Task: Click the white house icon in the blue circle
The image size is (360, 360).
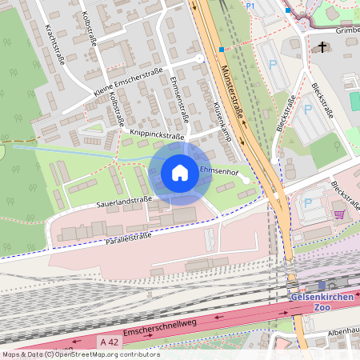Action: (x=180, y=172)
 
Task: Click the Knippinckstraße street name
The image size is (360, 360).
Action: (x=150, y=137)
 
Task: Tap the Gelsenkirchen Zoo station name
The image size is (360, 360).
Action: (x=323, y=302)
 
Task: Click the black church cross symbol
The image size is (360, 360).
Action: (x=323, y=47)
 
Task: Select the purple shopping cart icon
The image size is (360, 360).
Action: (x=339, y=214)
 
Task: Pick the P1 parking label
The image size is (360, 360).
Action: (x=250, y=6)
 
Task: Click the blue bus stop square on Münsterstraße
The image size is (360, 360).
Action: (x=222, y=49)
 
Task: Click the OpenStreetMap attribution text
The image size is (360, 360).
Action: (x=80, y=354)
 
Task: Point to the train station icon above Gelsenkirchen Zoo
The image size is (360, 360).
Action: (x=322, y=285)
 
